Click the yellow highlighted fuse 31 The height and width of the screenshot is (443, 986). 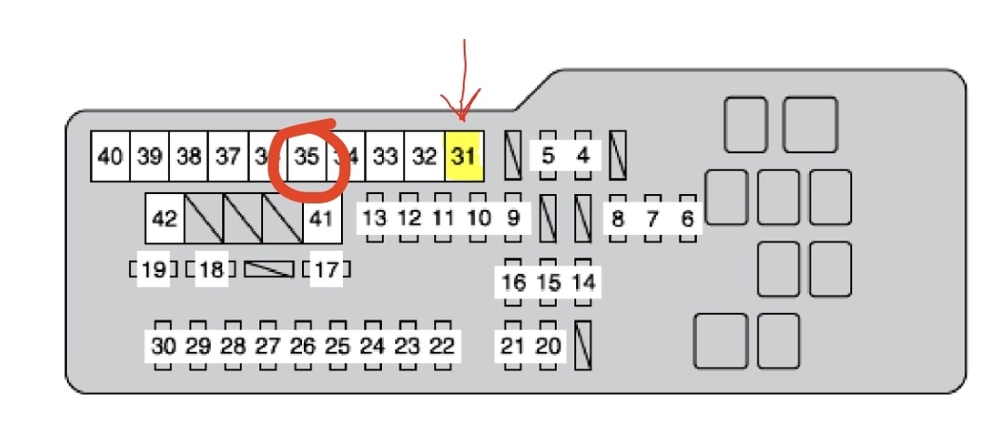point(463,156)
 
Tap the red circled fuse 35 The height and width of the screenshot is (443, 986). point(307,156)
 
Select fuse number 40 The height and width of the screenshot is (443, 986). point(110,156)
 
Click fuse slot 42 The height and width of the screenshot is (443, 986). point(164,219)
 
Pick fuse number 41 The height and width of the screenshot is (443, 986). point(321,219)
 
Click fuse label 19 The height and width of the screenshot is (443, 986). point(154,270)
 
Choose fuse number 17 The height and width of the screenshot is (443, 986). point(325,270)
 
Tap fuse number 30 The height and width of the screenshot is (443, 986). point(163,346)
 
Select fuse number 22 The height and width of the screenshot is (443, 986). point(442,346)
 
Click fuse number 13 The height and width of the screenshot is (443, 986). point(374,219)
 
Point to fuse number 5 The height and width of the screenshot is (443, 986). point(547,155)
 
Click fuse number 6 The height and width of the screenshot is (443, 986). point(688,219)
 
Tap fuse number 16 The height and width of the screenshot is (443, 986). point(513,282)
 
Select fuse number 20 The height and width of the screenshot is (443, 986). point(549,346)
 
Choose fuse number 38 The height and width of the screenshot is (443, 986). point(189,156)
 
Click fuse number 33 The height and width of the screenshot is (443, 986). point(385,156)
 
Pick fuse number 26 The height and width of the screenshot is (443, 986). point(303,346)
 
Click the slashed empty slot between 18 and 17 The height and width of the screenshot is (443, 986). point(269,269)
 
